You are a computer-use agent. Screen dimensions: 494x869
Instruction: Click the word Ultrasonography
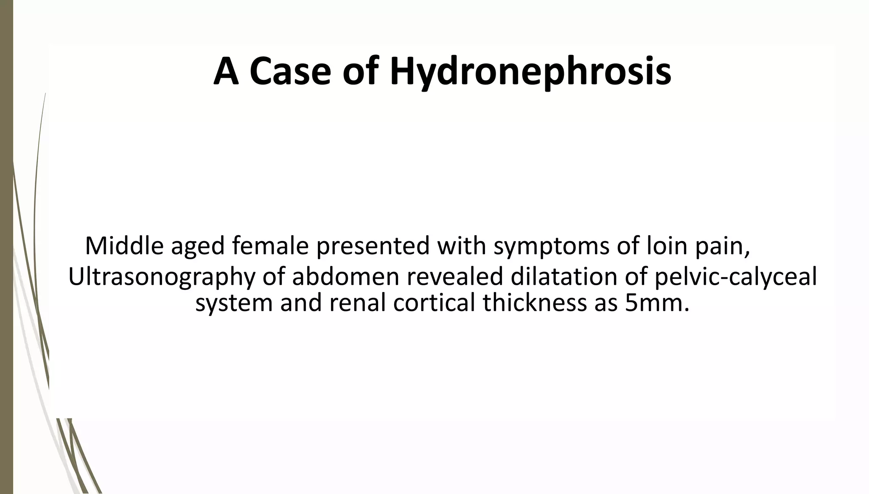coord(162,277)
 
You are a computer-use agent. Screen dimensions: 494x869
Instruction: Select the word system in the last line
coord(233,303)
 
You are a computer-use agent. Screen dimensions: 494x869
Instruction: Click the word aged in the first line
coord(197,246)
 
